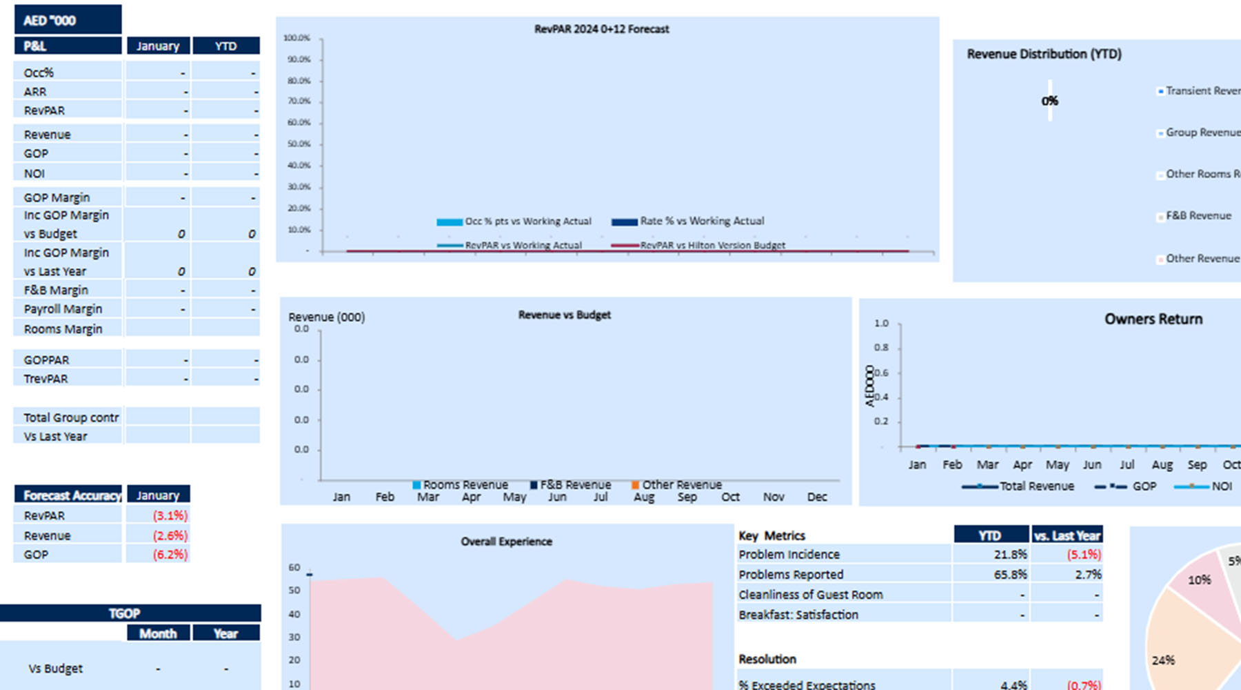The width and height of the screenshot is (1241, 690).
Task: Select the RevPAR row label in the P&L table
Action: [x=44, y=110]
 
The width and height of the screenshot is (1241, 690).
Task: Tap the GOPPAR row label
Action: [x=46, y=359]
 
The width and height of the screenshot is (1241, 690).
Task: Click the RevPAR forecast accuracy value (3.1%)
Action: [x=170, y=515]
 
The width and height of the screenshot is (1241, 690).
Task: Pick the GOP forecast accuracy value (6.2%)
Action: [x=170, y=554]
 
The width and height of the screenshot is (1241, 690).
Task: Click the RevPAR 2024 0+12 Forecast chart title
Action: [x=601, y=29]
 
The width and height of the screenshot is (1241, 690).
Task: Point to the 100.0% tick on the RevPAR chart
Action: [x=297, y=38]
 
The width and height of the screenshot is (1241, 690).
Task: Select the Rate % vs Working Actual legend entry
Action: [x=701, y=221]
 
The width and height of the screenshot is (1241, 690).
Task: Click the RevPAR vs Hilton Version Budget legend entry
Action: [x=712, y=245]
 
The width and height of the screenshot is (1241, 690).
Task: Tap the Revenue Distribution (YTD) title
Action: [x=1044, y=54]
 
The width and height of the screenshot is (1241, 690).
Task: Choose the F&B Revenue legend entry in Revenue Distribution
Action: [x=1198, y=215]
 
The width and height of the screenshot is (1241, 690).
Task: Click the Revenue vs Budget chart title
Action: [x=564, y=315]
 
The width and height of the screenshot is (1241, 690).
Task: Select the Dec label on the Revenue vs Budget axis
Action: [x=817, y=497]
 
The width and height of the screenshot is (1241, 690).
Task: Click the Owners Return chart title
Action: [x=1153, y=319]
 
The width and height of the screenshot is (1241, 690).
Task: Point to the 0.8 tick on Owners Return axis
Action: [x=881, y=348]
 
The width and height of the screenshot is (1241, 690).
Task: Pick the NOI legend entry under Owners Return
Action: [x=1221, y=486]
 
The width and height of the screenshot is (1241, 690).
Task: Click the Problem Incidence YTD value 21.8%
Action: [x=1010, y=554]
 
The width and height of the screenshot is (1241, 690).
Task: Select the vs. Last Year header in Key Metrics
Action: [x=1067, y=535]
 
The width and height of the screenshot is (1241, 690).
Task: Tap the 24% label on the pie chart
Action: [x=1163, y=660]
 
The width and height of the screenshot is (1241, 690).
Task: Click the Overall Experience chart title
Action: [x=506, y=542]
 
